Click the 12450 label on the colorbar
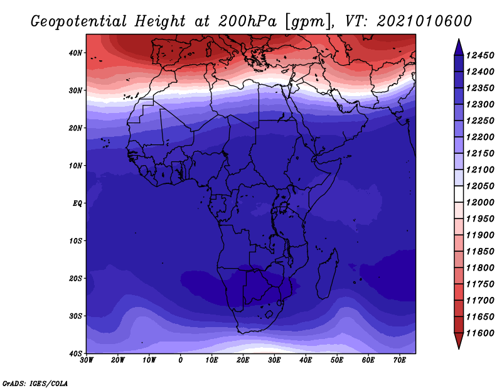[x=480, y=55]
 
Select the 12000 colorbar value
[x=480, y=203]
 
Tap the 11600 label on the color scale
[x=480, y=333]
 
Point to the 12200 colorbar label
[x=480, y=137]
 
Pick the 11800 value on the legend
[x=480, y=268]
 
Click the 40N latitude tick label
[x=75, y=53]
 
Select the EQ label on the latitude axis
[x=77, y=203]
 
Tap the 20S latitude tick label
[x=75, y=278]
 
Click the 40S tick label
[x=75, y=353]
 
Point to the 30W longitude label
[x=87, y=360]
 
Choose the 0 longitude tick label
[x=181, y=360]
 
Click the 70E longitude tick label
[x=400, y=360]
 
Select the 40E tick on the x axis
[x=306, y=360]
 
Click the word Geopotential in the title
[x=79, y=22]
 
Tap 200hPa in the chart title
[x=247, y=21]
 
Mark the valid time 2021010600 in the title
[x=424, y=21]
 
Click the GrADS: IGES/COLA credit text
[x=35, y=384]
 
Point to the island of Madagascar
[x=327, y=274]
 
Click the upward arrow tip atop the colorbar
[x=459, y=40]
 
